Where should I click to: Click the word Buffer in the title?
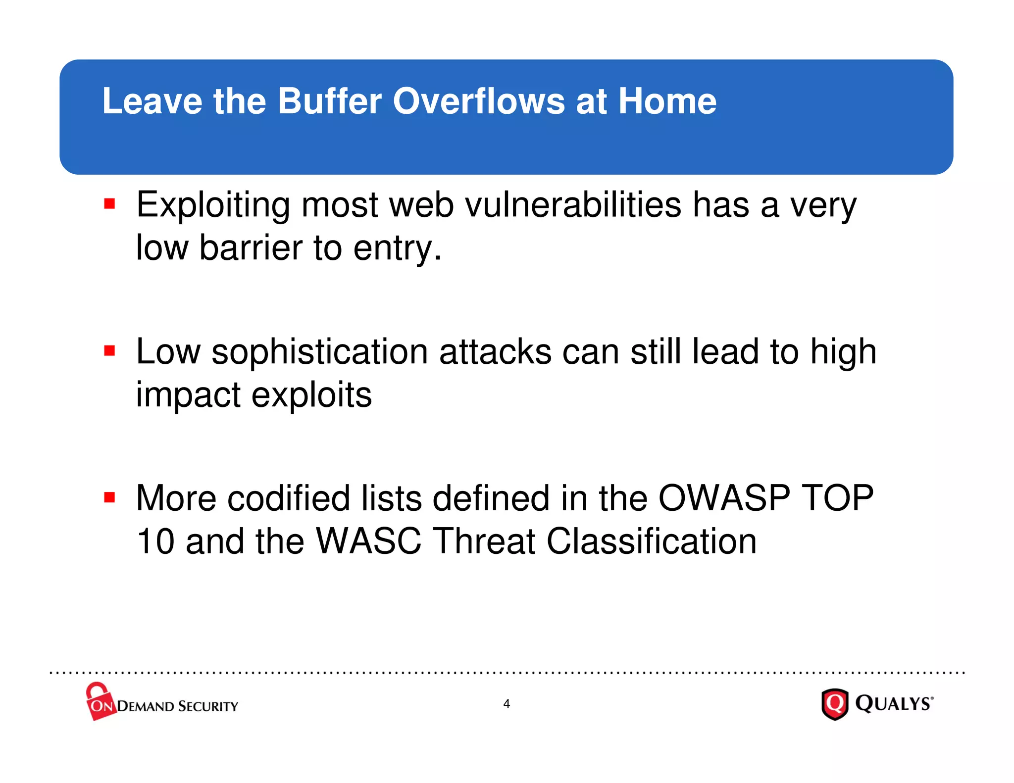point(329,101)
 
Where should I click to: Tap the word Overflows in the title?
point(478,101)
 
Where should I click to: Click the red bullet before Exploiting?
point(109,204)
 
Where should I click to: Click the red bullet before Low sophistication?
point(109,351)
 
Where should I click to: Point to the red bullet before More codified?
point(109,497)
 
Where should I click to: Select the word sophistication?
point(320,352)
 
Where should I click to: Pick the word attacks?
point(495,352)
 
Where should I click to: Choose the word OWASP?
point(724,498)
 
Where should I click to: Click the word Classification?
point(651,541)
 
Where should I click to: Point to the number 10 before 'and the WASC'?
point(155,541)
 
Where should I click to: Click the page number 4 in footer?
point(506,703)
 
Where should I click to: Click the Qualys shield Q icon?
point(835,703)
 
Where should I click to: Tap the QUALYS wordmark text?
point(894,703)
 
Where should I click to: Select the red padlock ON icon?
point(100,701)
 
